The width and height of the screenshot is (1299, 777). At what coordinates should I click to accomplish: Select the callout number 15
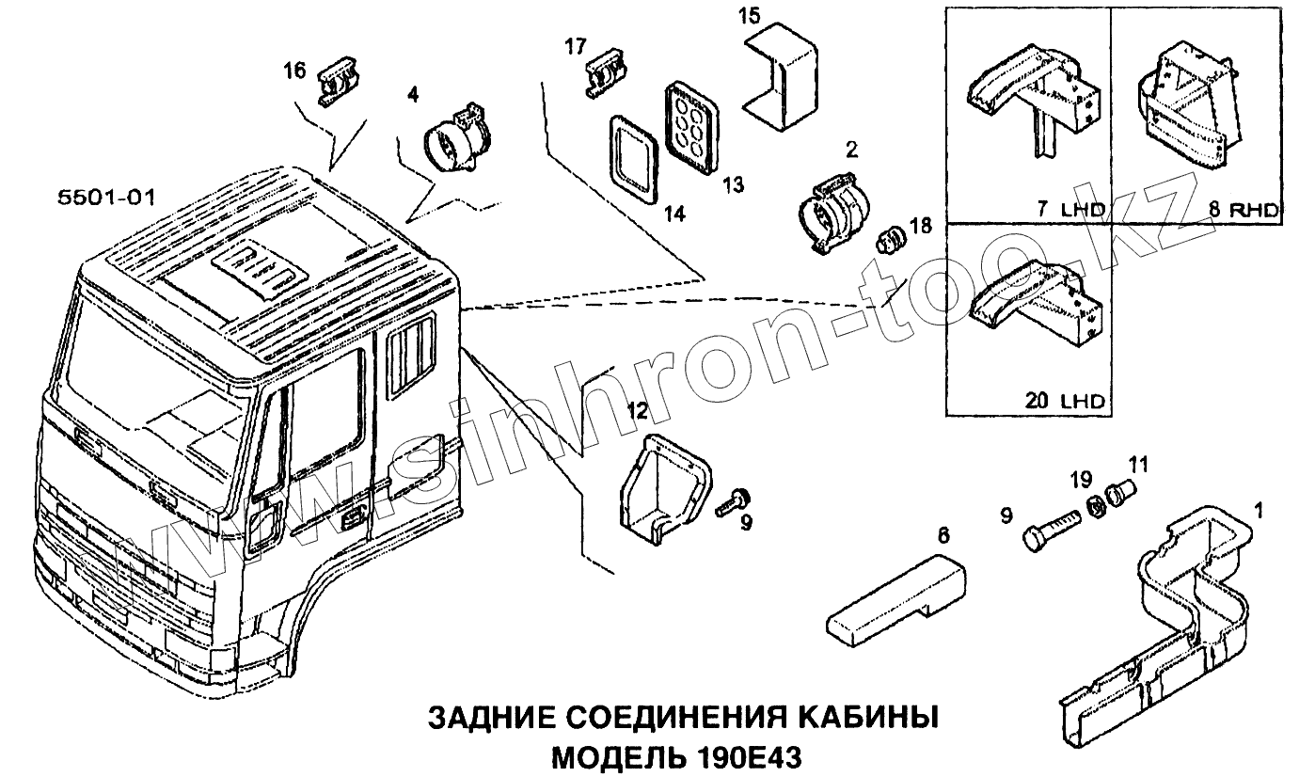point(749,16)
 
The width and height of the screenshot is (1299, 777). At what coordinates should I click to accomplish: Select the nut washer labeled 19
point(1095,505)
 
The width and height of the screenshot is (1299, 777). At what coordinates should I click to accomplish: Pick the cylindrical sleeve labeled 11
point(1119,491)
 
